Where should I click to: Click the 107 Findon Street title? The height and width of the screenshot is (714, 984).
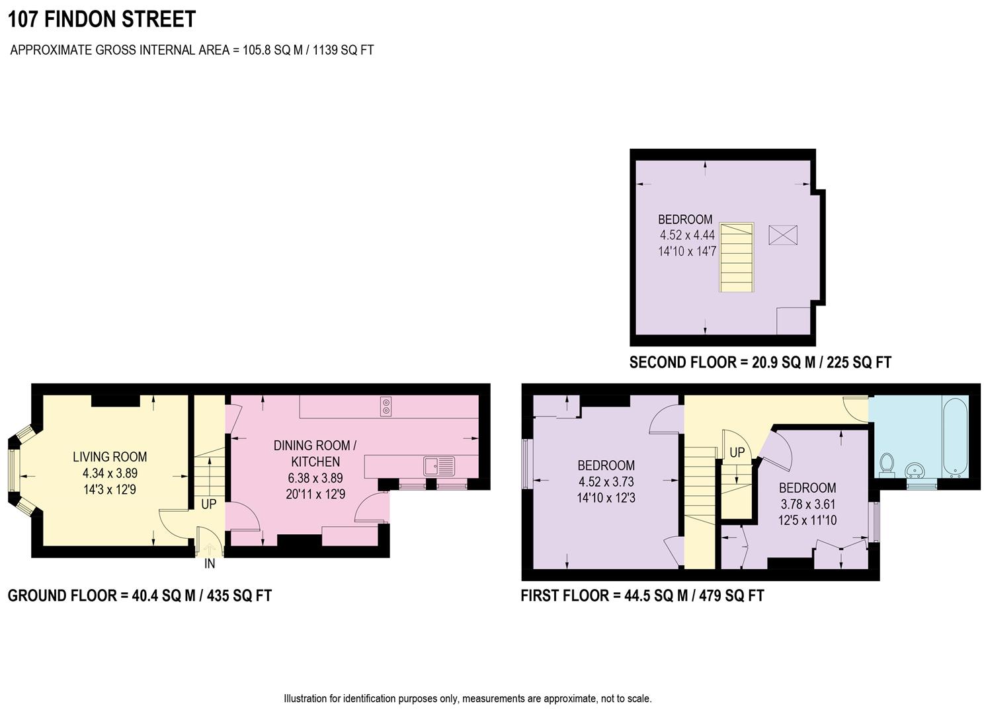[x=102, y=19]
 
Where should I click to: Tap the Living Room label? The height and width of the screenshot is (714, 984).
[x=110, y=457]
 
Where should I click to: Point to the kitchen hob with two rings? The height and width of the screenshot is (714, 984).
[x=386, y=406]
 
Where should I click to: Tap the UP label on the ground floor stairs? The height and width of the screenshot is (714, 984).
[x=208, y=504]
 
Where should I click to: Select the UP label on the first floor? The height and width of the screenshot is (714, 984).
[x=737, y=453]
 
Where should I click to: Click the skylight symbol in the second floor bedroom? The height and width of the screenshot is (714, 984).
[x=782, y=235]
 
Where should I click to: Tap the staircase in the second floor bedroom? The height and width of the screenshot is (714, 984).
[x=737, y=258]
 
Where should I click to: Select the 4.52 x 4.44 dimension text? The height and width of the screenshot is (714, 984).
[x=687, y=235]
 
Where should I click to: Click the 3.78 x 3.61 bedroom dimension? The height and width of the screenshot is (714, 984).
[x=807, y=504]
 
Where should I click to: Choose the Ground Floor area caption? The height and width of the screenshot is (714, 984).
[x=140, y=596]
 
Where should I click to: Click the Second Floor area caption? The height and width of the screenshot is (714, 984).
[x=760, y=362]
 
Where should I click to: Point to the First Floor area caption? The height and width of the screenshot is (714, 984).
[x=642, y=596]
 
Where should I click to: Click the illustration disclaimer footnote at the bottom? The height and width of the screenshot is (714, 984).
[x=468, y=698]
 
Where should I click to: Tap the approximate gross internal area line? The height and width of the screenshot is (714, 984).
[x=192, y=50]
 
